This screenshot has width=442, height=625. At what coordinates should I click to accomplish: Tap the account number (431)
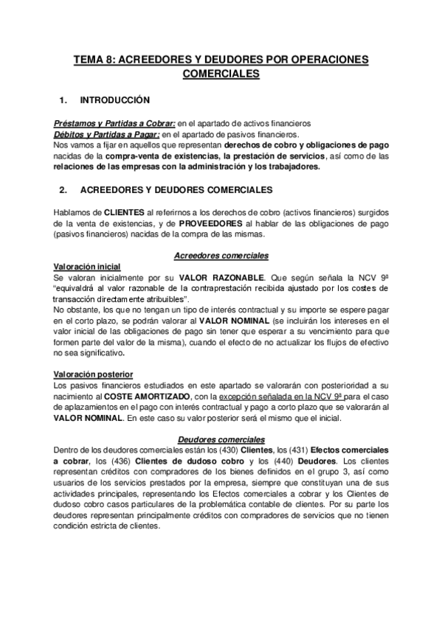click(297, 450)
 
